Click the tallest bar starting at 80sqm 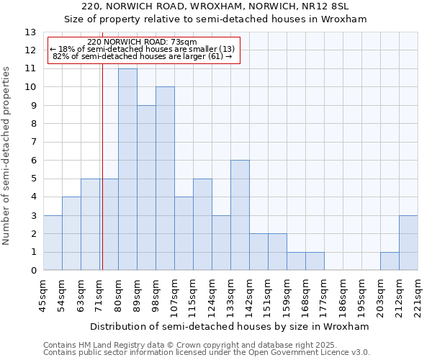[x=127, y=169]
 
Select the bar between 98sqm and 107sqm [x=165, y=179]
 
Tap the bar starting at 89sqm [x=146, y=188]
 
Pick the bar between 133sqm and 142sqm [x=240, y=215]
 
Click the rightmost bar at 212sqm [x=408, y=243]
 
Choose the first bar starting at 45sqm [x=53, y=243]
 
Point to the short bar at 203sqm [x=390, y=261]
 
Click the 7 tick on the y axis [x=32, y=142]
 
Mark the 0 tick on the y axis [x=32, y=271]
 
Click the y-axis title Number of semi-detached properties [x=7, y=156]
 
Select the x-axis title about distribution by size [x=230, y=326]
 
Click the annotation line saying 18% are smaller [x=143, y=49]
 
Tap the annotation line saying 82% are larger [x=143, y=56]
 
